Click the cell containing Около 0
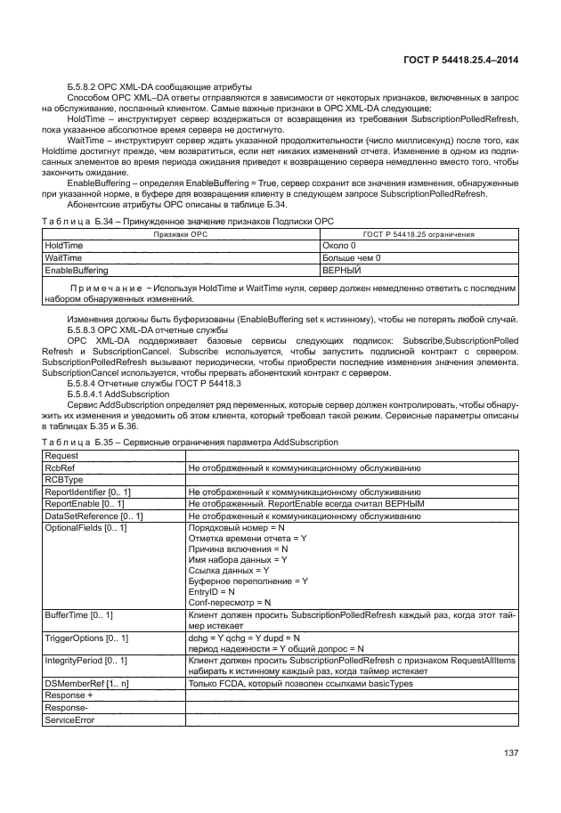pyautogui.click(x=339, y=244)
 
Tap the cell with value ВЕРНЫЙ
pyautogui.click(x=341, y=269)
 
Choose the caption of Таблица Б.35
pyautogui.click(x=190, y=442)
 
